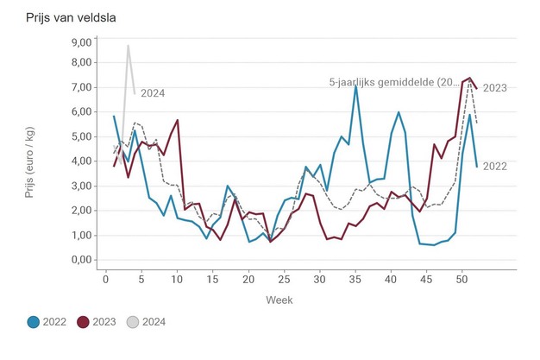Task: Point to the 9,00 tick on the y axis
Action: pos(80,42)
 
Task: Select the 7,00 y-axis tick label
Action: pos(80,87)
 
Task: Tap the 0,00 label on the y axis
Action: pos(80,259)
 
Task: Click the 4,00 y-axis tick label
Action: pos(80,161)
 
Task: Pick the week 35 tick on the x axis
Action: pos(355,277)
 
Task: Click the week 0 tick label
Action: pos(98,277)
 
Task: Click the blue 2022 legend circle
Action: pos(33,322)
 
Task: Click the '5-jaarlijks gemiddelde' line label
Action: pos(395,83)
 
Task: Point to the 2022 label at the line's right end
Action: pos(494,167)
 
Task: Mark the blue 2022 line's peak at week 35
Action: pos(355,85)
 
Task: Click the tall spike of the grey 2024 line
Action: pos(128,46)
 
